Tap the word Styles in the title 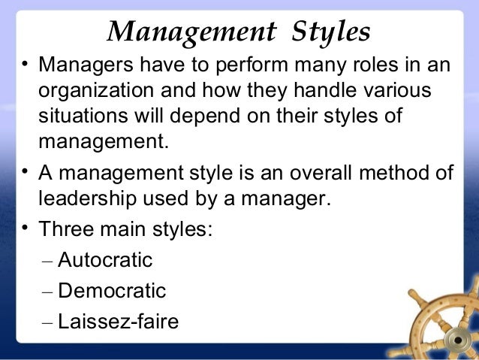point(328,32)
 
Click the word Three point(65,228)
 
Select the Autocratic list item point(105,261)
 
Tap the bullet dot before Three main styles point(25,225)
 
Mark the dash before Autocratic point(47,262)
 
